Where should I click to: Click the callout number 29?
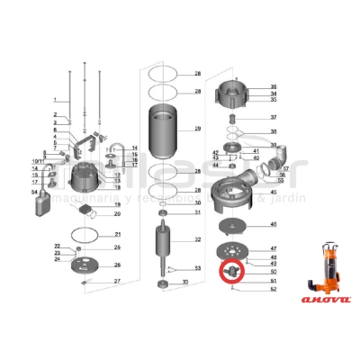point(197,130)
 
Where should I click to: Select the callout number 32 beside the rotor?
point(197,240)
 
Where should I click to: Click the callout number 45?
point(274,192)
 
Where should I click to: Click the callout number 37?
point(274,118)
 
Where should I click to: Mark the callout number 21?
point(117,234)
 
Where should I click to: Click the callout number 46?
point(274,224)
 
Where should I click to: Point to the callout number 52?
point(274,289)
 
